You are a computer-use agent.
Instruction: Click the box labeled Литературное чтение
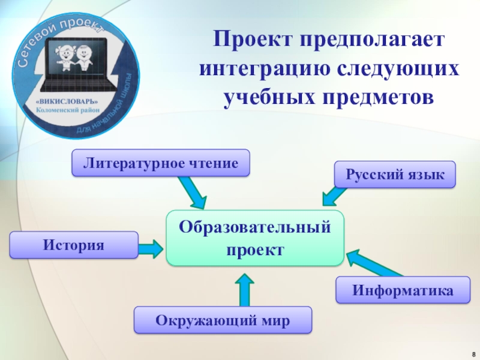click(x=161, y=163)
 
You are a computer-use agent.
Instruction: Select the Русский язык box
click(x=395, y=175)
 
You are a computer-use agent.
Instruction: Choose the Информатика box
click(x=402, y=290)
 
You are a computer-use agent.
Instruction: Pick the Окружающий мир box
click(x=223, y=320)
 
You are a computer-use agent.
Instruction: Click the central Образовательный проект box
click(x=255, y=238)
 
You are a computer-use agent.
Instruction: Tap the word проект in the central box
click(x=255, y=249)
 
